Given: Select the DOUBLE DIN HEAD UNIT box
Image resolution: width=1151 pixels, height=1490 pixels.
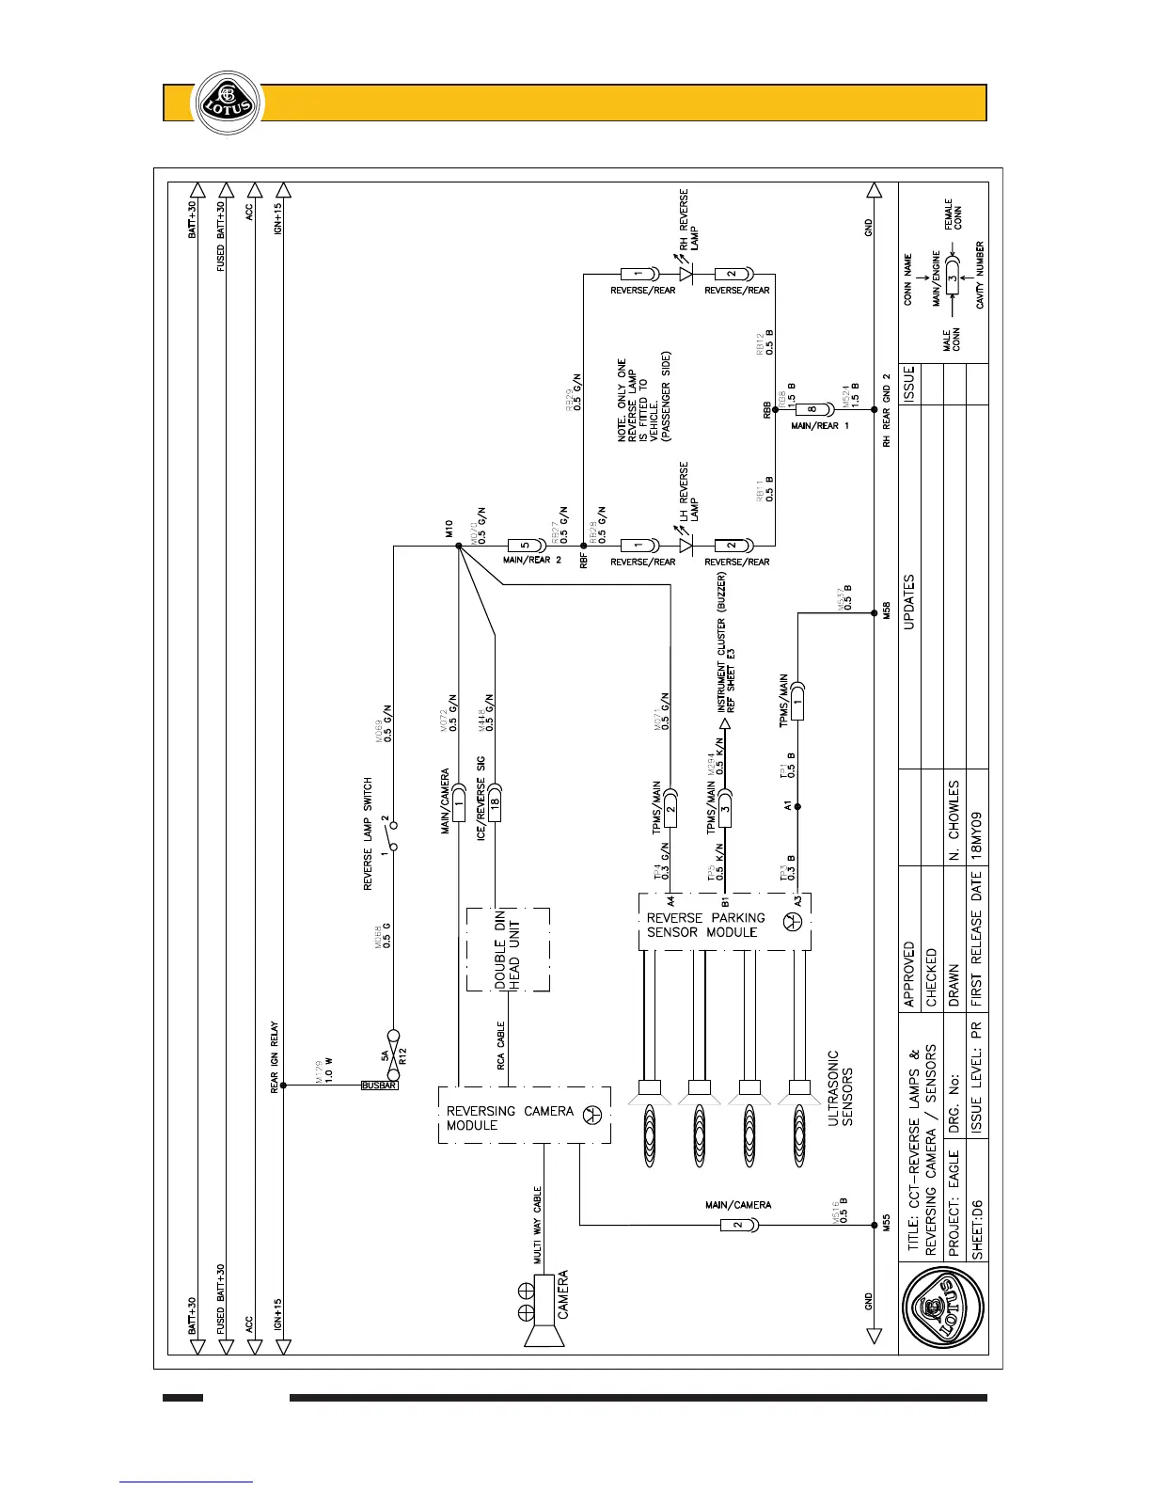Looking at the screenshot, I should click(508, 949).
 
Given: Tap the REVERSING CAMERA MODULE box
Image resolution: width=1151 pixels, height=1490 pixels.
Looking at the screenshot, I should click(524, 1116).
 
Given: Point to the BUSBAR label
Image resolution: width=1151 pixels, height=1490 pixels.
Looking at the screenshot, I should click(380, 1086).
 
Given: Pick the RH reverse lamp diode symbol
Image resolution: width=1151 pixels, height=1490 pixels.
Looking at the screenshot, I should click(686, 275).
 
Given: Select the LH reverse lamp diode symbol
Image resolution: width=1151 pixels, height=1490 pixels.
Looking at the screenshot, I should click(686, 546).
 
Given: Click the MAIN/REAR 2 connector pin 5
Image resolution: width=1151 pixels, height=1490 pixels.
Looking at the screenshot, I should click(521, 546).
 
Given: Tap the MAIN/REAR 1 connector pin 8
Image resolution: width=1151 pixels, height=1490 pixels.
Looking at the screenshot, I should click(812, 410).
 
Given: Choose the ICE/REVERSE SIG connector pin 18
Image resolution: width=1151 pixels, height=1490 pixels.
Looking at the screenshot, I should click(495, 806).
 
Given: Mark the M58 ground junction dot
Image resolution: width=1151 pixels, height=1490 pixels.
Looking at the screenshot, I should click(875, 613).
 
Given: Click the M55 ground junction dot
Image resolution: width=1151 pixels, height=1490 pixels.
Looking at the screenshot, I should click(875, 1225).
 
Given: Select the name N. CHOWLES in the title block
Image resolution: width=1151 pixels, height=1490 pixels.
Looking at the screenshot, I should click(954, 819).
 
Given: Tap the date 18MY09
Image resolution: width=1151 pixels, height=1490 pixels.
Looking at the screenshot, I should click(976, 833).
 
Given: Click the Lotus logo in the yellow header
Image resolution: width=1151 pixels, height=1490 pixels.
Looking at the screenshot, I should click(225, 102).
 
